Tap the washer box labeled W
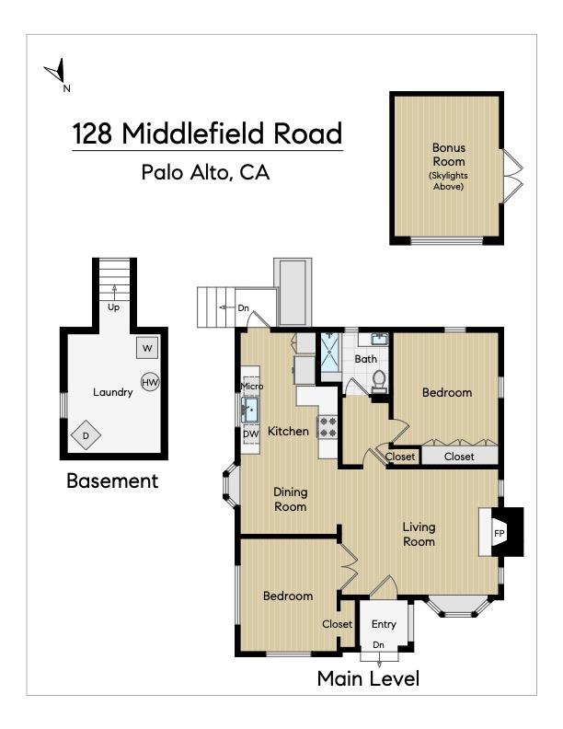pyautogui.click(x=148, y=348)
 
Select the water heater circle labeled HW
pyautogui.click(x=151, y=382)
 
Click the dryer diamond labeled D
pyautogui.click(x=86, y=434)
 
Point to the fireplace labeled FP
pyautogui.click(x=500, y=533)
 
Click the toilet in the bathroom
pyautogui.click(x=379, y=381)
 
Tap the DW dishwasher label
pyautogui.click(x=250, y=434)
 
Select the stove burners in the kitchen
pyautogui.click(x=327, y=426)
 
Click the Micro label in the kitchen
pyautogui.click(x=251, y=386)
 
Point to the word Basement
pyautogui.click(x=112, y=480)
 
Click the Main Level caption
pyautogui.click(x=368, y=679)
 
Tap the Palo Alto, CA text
pyautogui.click(x=205, y=172)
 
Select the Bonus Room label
pyautogui.click(x=449, y=155)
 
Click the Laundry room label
pyautogui.click(x=113, y=392)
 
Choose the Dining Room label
pyautogui.click(x=290, y=499)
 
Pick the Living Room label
pyautogui.click(x=419, y=535)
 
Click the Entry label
pyautogui.click(x=384, y=625)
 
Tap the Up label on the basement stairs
pyautogui.click(x=114, y=307)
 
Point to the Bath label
pyautogui.click(x=366, y=359)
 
